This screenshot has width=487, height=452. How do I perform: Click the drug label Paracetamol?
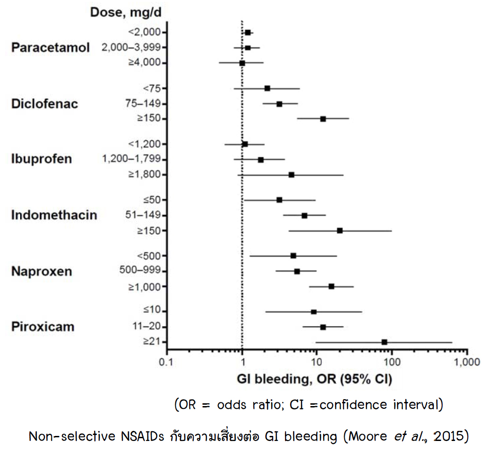[50, 48]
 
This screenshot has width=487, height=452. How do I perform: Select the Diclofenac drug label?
[45, 104]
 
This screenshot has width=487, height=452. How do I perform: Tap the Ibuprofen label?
[41, 159]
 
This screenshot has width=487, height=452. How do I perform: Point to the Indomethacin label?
[54, 215]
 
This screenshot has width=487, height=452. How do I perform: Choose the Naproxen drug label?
[42, 271]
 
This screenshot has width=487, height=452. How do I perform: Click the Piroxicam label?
[43, 327]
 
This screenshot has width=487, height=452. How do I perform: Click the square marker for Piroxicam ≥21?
[384, 342]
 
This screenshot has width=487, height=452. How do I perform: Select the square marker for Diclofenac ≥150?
[323, 119]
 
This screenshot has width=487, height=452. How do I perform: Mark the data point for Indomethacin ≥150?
[340, 231]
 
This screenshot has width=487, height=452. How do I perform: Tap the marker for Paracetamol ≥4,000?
[242, 62]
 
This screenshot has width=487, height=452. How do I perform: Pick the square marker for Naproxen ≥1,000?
[331, 287]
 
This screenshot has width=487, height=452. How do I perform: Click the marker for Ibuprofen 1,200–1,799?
[261, 160]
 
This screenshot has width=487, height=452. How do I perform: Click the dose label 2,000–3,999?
[131, 48]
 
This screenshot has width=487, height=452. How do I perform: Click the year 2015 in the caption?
[448, 436]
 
